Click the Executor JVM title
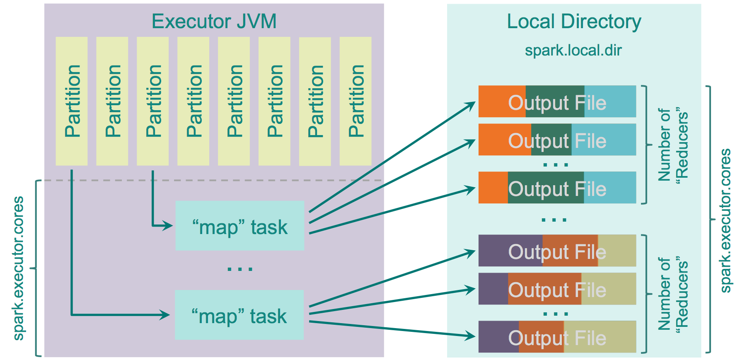pyautogui.click(x=214, y=22)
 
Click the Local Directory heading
pyautogui.click(x=574, y=22)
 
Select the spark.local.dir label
pyautogui.click(x=573, y=51)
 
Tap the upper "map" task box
pyautogui.click(x=239, y=226)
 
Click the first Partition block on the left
pyautogui.click(x=72, y=101)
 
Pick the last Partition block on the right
pyautogui.click(x=356, y=101)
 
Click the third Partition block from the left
pyautogui.click(x=153, y=101)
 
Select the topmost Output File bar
pyautogui.click(x=557, y=101)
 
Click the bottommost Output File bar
pyautogui.click(x=557, y=337)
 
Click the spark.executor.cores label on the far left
pyautogui.click(x=19, y=268)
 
